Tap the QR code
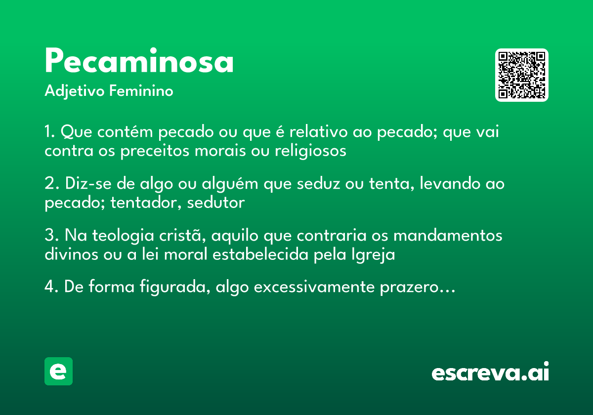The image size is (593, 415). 522,75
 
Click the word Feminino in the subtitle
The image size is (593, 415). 141,91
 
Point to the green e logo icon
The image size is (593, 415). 58,371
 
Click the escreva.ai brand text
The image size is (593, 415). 490,373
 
